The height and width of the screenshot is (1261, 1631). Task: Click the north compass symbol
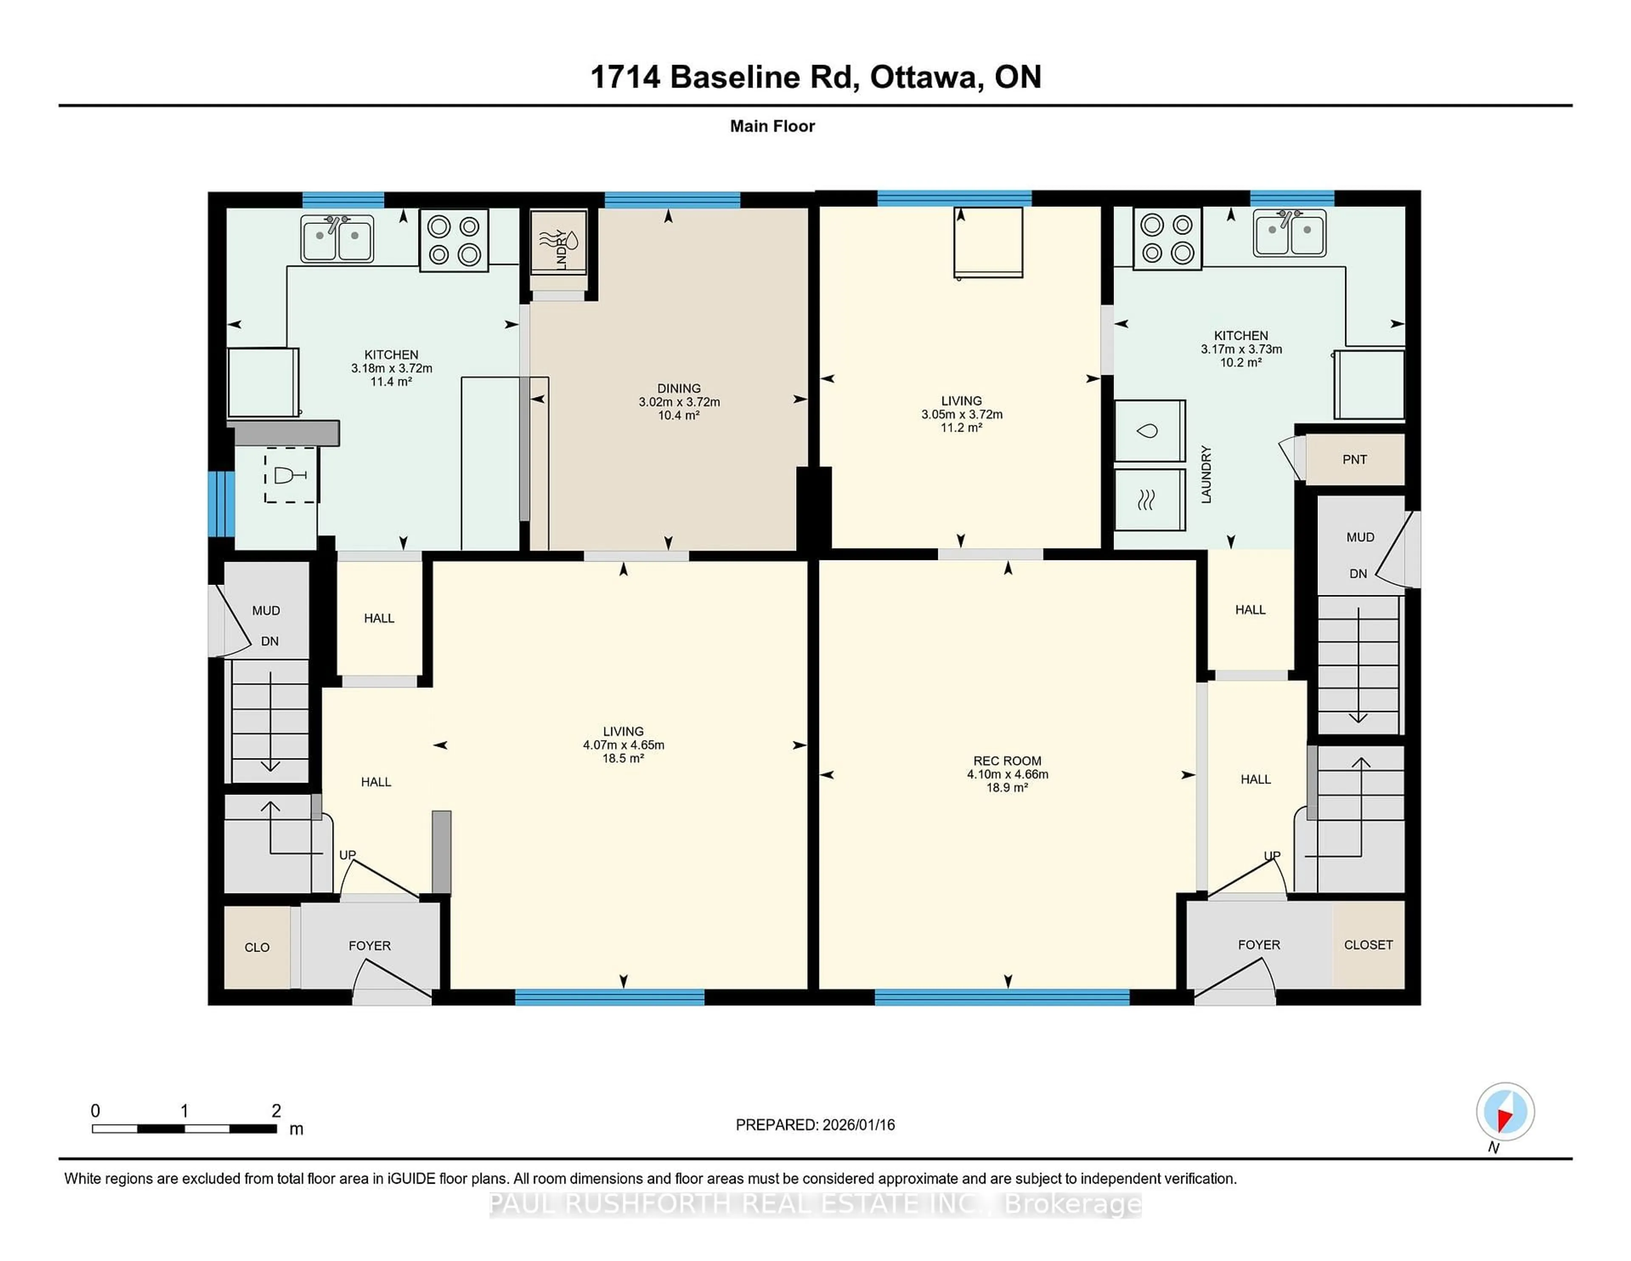1505,1111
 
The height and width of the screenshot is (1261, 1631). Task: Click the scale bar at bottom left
184,1128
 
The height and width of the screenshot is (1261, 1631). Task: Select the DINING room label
679,388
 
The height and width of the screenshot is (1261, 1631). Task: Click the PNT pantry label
1354,459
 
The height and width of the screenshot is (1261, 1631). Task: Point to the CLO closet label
257,947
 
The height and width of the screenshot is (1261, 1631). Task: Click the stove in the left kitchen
453,240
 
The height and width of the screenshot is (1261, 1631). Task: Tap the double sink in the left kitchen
337,238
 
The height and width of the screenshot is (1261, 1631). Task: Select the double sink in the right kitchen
1289,233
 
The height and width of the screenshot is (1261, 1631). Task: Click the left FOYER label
370,946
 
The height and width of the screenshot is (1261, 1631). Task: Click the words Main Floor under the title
772,126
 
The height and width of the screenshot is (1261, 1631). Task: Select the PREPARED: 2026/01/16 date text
815,1124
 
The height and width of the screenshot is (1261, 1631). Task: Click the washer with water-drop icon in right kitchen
1149,431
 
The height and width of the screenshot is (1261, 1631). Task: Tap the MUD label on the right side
1360,537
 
